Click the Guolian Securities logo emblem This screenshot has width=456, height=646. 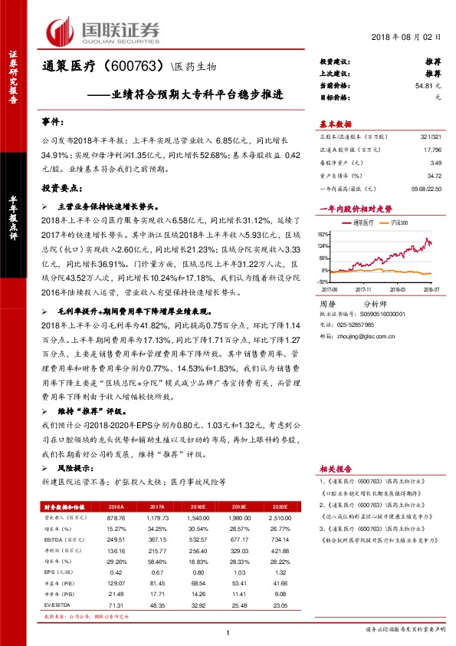click(61, 31)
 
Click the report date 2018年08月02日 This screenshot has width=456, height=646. click(411, 37)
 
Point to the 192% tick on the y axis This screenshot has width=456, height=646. click(325, 234)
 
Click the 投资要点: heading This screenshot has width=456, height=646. click(60, 187)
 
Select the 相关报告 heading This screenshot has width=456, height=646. click(335, 468)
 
